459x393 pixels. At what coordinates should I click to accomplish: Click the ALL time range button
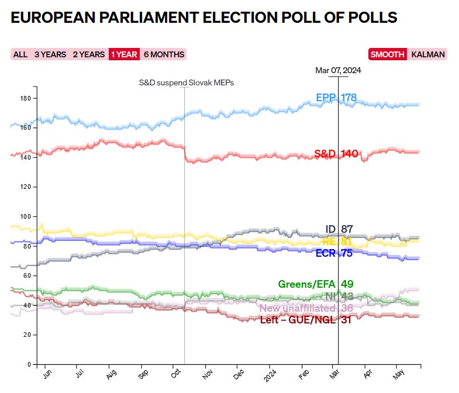click(20, 54)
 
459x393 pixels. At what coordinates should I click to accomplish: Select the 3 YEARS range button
click(50, 54)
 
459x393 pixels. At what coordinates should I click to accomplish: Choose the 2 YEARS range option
click(89, 54)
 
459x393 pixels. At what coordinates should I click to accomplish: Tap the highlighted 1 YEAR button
click(124, 54)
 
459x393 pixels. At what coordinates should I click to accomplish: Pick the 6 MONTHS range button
click(164, 54)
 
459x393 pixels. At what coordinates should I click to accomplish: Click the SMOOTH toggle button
click(387, 54)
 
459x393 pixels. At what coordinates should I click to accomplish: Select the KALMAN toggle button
click(428, 54)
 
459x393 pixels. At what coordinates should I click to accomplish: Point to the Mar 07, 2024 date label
click(338, 71)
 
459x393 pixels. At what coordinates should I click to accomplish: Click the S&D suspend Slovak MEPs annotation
click(186, 83)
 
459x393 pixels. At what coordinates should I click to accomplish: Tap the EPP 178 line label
click(336, 98)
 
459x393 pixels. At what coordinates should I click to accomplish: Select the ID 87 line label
click(339, 229)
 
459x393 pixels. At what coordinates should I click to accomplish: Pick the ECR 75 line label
click(334, 253)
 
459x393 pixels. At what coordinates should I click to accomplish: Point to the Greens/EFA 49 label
click(315, 285)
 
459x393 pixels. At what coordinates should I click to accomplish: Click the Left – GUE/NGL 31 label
click(305, 320)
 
